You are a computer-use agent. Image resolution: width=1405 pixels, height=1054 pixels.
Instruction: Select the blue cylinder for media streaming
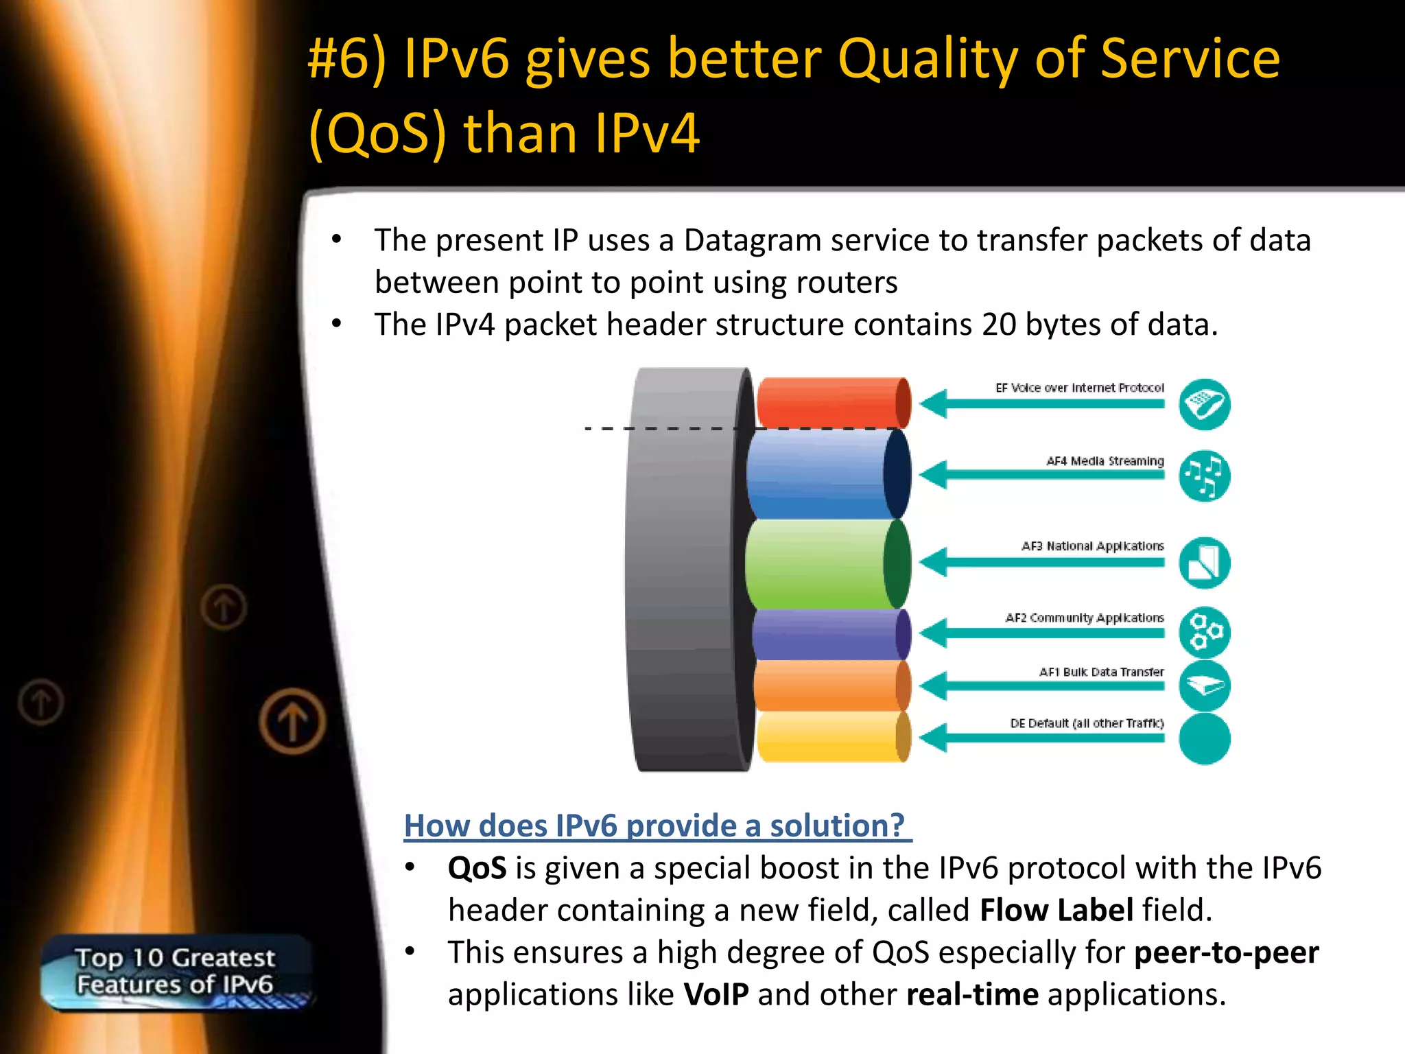pos(823,474)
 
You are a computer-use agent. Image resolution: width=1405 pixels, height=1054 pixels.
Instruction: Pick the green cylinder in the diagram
pos(823,564)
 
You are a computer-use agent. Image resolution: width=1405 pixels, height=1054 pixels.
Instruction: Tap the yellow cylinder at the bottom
pos(830,737)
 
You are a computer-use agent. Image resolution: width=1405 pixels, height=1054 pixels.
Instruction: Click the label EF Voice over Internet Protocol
pos(1079,388)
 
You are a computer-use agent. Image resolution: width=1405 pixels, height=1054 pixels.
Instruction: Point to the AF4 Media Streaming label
pos(1105,461)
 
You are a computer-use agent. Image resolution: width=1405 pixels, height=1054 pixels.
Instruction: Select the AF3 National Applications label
pos(1092,546)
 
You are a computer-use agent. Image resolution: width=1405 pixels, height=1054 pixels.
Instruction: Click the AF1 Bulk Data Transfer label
pos(1101,672)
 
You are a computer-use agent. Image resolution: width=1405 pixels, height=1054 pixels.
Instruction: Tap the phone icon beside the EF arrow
pos(1204,404)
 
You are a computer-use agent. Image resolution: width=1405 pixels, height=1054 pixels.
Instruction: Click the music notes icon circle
pos(1204,476)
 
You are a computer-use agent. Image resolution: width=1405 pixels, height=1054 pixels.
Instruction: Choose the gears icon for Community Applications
pos(1204,632)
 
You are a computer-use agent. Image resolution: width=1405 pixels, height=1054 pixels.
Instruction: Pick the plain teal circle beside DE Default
pos(1204,738)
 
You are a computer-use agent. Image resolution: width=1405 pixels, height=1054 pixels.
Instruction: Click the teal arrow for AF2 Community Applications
pos(1043,633)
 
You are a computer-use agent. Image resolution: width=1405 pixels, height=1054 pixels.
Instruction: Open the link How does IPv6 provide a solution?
pos(657,825)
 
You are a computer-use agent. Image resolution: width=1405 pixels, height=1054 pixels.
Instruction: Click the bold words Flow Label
pos(1056,911)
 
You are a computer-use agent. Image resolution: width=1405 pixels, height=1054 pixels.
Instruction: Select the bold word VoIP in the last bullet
pos(716,995)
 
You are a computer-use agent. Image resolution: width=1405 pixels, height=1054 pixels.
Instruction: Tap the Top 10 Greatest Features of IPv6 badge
pos(176,972)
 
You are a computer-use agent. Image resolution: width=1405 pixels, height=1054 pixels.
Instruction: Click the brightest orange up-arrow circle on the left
pos(293,722)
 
